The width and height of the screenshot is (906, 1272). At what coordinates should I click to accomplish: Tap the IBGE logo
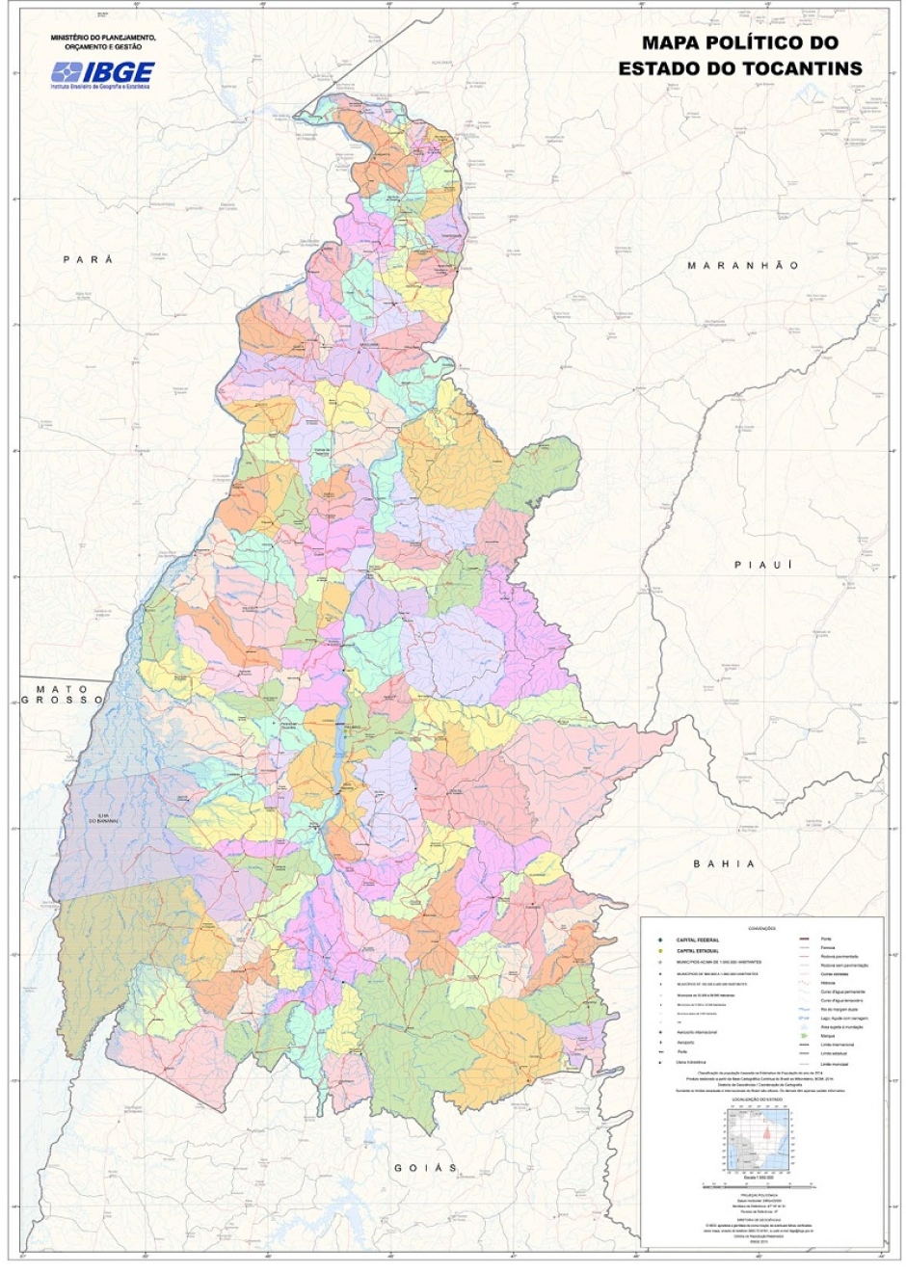[x=103, y=74]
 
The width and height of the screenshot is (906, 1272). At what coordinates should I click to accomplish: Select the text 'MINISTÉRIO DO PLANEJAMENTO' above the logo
[x=103, y=38]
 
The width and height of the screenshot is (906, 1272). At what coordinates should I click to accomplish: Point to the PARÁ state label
[x=88, y=259]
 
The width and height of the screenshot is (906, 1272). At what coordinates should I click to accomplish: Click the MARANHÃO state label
[x=742, y=265]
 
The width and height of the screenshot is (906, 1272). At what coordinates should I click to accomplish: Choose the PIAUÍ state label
[x=763, y=564]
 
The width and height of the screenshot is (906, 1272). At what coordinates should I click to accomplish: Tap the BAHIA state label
[x=724, y=863]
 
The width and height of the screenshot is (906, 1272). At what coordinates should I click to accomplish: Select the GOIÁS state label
[x=425, y=1167]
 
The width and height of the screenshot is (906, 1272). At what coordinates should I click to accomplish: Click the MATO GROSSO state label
[x=64, y=694]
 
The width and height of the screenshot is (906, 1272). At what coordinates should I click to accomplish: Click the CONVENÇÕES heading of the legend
[x=761, y=928]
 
